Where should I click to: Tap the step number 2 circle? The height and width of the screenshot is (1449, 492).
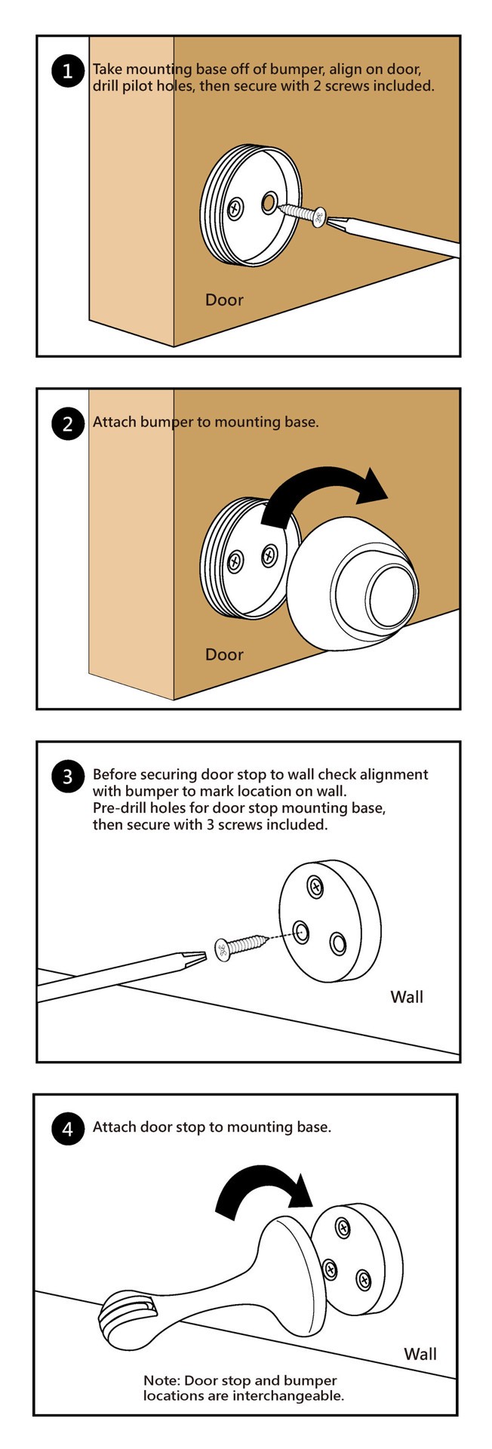pyautogui.click(x=68, y=423)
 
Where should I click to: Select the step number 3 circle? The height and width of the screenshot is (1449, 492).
pyautogui.click(x=68, y=777)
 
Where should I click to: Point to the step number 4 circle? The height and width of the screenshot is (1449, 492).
pyautogui.click(x=68, y=1129)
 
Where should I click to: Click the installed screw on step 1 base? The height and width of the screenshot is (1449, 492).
pyautogui.click(x=237, y=206)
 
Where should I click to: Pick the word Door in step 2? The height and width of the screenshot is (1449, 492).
pyautogui.click(x=224, y=654)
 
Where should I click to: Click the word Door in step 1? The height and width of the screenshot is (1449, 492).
pyautogui.click(x=224, y=300)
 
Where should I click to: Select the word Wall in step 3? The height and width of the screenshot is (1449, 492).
pyautogui.click(x=406, y=997)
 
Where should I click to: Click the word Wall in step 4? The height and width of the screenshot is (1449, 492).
pyautogui.click(x=420, y=1354)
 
